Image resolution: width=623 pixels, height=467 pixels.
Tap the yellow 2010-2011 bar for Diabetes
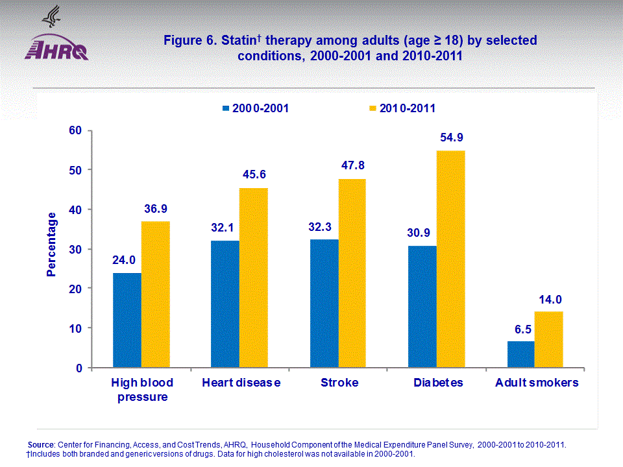[x=450, y=259]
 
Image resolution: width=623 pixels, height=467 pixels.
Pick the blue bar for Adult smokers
[x=520, y=354]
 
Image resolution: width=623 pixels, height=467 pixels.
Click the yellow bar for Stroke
[x=352, y=273]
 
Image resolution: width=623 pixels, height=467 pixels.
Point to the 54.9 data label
[x=450, y=138]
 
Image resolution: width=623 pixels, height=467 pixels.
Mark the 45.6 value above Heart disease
[x=253, y=174]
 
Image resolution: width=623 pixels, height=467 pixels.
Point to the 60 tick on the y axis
[x=77, y=130]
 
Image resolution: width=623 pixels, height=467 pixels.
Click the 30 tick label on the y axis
[x=77, y=249]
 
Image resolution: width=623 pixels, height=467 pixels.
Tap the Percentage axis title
[x=51, y=248]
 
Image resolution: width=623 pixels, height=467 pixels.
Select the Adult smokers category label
[x=537, y=383]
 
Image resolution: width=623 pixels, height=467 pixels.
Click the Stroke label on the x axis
[x=339, y=383]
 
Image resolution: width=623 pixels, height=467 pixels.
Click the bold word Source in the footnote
[x=41, y=444]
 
